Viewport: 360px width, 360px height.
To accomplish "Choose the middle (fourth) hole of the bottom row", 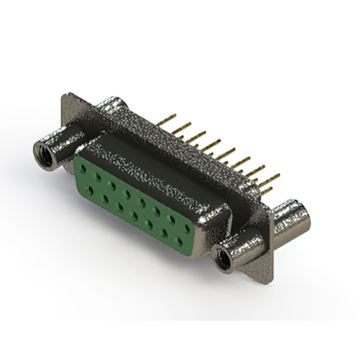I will click(135, 215).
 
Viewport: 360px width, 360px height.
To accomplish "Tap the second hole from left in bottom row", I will click(105, 197).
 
